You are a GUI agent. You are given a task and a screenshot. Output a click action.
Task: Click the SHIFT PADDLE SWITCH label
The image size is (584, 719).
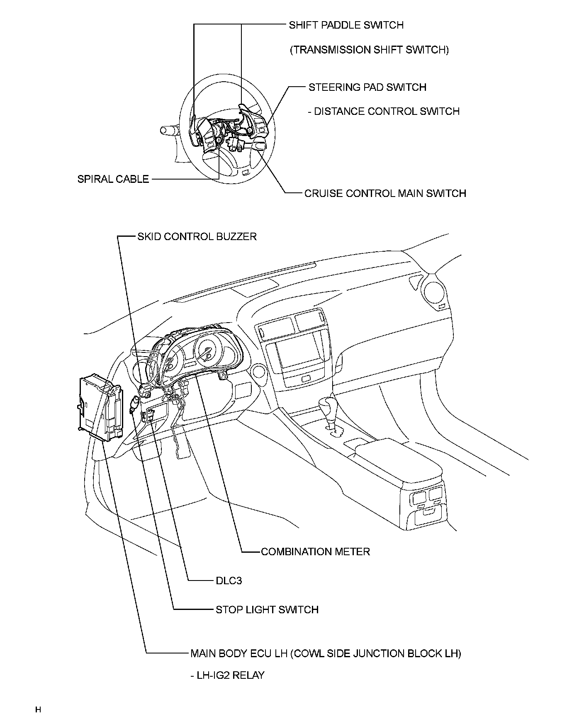tap(346, 25)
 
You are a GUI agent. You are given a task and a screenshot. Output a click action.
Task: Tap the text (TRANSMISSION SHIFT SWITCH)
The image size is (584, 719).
tap(369, 50)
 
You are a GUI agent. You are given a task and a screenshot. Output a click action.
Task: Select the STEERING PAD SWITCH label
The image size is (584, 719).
tap(367, 87)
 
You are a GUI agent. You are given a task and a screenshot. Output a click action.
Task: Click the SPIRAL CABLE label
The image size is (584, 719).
tap(113, 179)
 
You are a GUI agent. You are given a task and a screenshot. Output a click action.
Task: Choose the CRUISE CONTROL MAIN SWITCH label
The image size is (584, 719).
tap(385, 194)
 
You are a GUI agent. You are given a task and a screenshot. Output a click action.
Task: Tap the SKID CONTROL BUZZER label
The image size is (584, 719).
tap(197, 236)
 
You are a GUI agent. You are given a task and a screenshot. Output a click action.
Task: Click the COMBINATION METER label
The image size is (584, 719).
tap(315, 551)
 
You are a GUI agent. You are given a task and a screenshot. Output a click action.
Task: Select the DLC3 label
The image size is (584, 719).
tap(229, 581)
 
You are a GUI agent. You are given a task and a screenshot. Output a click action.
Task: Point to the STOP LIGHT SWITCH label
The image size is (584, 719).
tap(267, 610)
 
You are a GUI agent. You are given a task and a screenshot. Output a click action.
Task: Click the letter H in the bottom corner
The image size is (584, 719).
tap(38, 709)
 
